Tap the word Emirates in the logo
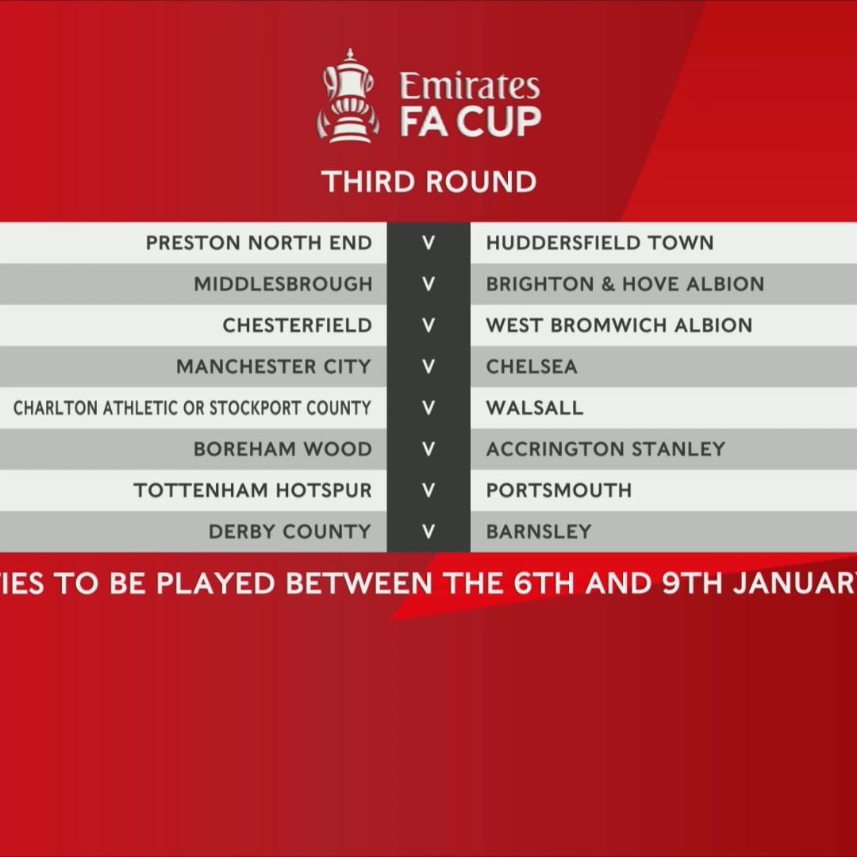pos(470,86)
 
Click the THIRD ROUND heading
pos(428,182)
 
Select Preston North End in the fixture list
pos(259,243)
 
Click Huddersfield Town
pos(600,243)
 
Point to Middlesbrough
pos(282,283)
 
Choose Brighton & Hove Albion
pos(624,283)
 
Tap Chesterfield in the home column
pos(298,325)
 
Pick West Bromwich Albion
pos(619,325)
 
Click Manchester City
pos(273,366)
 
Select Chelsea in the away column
pos(531,366)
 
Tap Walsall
pos(535,408)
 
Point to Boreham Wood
pos(282,448)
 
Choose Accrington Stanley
pos(605,448)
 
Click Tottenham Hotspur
pos(252,490)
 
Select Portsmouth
pos(559,490)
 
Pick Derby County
pos(290,531)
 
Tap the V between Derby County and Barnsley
pos(428,531)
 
